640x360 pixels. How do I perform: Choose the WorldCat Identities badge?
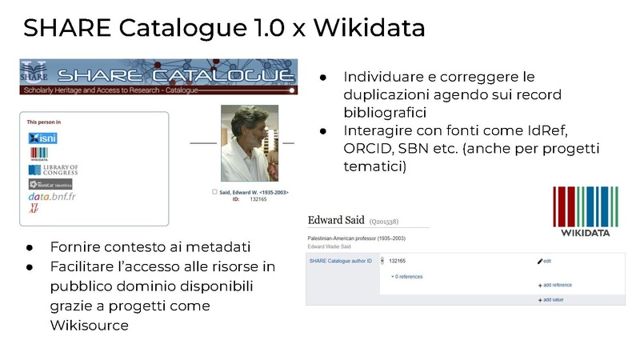(x=50, y=184)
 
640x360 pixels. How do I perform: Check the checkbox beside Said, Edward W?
(x=214, y=192)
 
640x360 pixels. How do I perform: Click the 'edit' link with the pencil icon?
(x=546, y=261)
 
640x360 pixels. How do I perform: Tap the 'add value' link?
(x=553, y=298)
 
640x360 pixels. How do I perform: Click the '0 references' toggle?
(x=407, y=277)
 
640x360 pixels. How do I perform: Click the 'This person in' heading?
(x=44, y=122)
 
